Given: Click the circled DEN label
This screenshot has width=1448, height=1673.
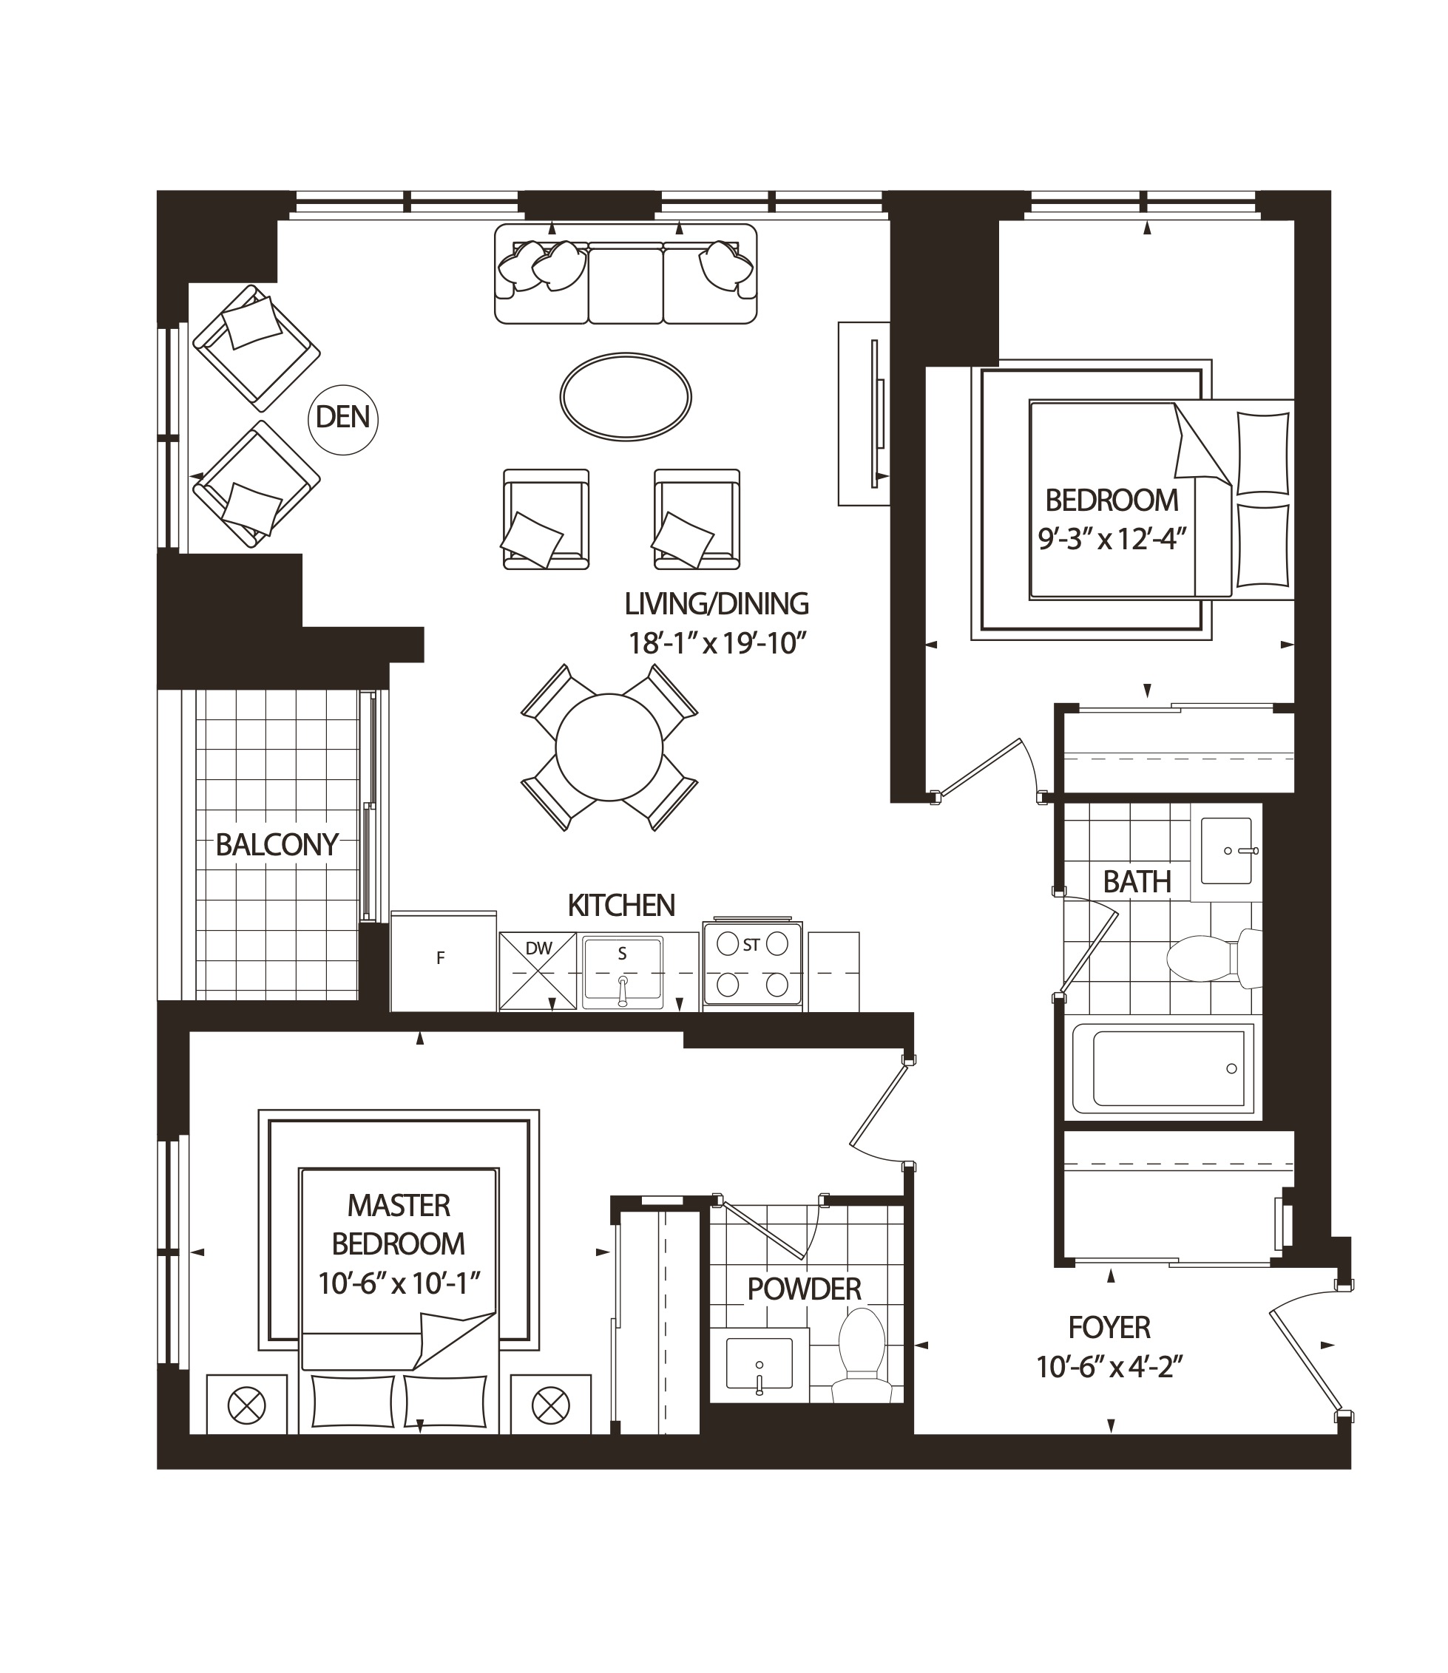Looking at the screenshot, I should (x=343, y=418).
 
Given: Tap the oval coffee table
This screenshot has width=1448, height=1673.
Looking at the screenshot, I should (x=626, y=397).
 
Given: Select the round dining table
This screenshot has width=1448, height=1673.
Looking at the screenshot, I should (x=609, y=747).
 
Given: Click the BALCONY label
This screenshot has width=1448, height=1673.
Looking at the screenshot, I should (x=277, y=845).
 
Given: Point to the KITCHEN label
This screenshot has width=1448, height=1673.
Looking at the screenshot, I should (x=620, y=906).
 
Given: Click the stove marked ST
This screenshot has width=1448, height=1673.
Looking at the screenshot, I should (x=752, y=964).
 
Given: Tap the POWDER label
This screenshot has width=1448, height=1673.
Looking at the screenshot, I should (x=804, y=1289).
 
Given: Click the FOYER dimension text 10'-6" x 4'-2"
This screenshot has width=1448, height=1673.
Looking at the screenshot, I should (x=1109, y=1368).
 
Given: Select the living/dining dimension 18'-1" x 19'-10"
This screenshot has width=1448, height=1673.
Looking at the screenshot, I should (x=717, y=643).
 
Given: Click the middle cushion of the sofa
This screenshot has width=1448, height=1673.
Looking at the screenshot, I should (x=626, y=285).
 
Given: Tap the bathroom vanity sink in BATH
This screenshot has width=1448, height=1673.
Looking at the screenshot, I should (x=1226, y=850).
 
